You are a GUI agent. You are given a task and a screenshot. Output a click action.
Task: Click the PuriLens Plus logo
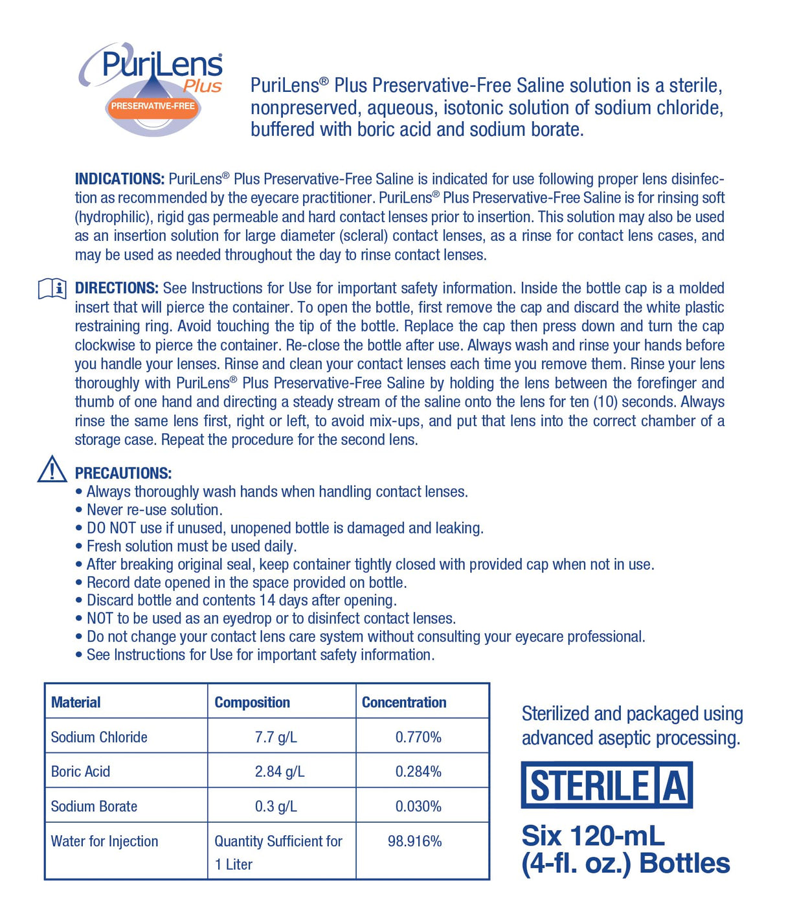(x=152, y=87)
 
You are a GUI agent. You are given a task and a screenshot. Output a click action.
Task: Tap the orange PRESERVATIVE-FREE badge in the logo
(x=153, y=106)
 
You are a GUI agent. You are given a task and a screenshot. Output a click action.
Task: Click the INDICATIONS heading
(x=120, y=179)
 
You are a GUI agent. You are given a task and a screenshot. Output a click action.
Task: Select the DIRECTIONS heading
(x=117, y=288)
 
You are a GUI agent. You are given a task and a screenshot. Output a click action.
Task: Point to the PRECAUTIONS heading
(x=123, y=473)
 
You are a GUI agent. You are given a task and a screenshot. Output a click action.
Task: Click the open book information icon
(x=52, y=288)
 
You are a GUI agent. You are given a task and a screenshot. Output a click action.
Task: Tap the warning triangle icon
(x=52, y=469)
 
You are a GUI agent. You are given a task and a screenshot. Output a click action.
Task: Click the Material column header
(x=76, y=702)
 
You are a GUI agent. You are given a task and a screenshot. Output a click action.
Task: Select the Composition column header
(x=252, y=702)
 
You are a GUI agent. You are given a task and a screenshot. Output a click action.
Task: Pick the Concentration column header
(x=404, y=702)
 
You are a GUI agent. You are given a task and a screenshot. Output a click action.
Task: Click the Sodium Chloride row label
(x=99, y=737)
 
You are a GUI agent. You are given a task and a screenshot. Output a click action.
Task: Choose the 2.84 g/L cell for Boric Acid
(x=280, y=772)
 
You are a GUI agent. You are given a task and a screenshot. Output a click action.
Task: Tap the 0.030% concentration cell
(x=418, y=807)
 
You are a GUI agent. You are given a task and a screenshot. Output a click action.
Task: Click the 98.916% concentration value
(x=414, y=842)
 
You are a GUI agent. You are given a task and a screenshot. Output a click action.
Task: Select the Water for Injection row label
(x=104, y=842)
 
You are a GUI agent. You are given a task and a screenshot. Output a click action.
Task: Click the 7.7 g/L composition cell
(x=276, y=737)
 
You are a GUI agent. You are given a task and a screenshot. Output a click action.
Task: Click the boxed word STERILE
(x=589, y=785)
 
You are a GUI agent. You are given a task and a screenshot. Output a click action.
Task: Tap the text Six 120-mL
(x=593, y=836)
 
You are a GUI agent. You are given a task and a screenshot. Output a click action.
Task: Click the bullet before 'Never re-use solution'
(x=79, y=510)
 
